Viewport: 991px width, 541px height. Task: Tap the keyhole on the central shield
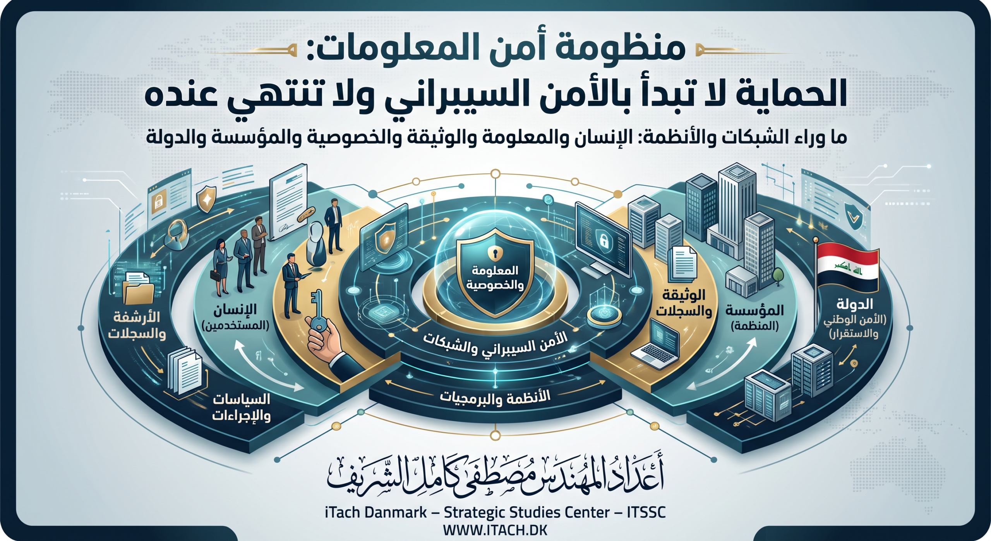[495, 253]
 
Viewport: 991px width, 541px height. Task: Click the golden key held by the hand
[317, 310]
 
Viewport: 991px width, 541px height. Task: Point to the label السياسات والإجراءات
[241, 408]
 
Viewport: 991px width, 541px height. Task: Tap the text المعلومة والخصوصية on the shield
[495, 278]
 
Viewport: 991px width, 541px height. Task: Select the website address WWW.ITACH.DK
[495, 530]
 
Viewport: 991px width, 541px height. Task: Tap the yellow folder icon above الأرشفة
[138, 291]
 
